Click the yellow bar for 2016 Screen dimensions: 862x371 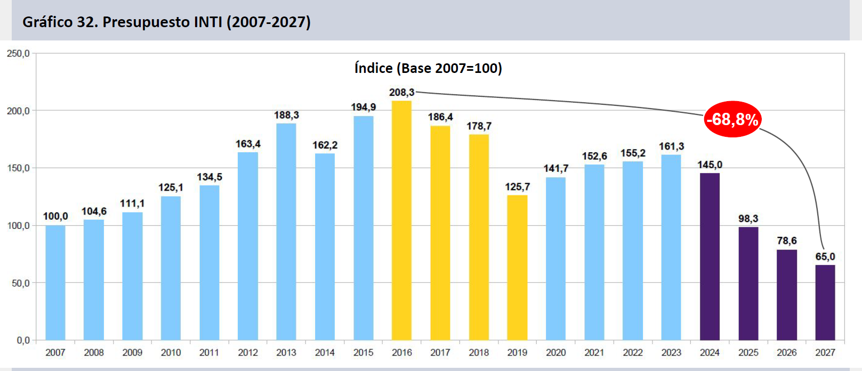tap(401, 220)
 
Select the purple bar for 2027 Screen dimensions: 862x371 tap(825, 303)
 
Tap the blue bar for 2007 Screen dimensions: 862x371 tap(55, 283)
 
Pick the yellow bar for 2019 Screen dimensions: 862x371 tap(517, 268)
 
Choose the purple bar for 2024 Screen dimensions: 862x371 tap(710, 257)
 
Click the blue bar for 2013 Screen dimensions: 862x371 tap(286, 232)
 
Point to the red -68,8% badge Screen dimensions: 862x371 tap(732, 119)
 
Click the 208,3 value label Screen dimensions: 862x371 tap(402, 92)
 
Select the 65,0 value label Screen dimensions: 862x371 tap(825, 257)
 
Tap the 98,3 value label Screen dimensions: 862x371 tap(748, 219)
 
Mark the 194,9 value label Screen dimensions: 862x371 tap(363, 107)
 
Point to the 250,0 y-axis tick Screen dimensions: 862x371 tap(18, 53)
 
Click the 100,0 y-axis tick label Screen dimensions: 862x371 tap(18, 226)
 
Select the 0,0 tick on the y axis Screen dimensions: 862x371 tap(23, 340)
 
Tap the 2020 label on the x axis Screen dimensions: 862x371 tap(555, 352)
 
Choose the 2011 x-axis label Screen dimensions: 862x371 tap(210, 352)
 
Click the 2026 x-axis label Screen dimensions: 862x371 tap(787, 352)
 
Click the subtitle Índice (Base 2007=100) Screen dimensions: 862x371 tap(428, 68)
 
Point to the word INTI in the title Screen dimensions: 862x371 tap(208, 22)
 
